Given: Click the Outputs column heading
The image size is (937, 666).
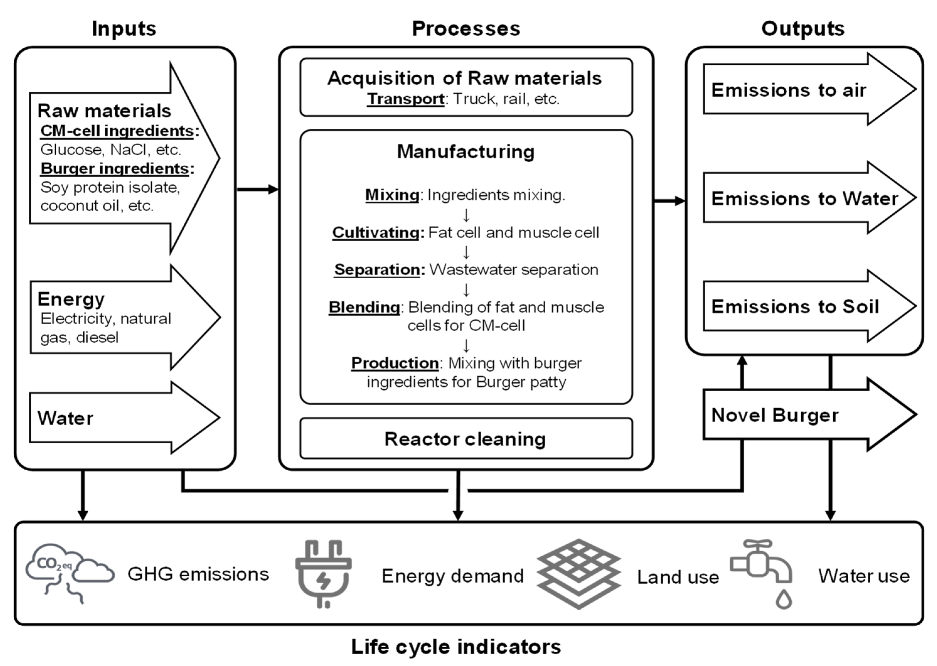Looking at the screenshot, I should [803, 29].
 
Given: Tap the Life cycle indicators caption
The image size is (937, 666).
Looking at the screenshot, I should [455, 647].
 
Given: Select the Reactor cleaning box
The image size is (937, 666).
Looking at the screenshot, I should [465, 439].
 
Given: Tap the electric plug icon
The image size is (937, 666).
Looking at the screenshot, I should [323, 573].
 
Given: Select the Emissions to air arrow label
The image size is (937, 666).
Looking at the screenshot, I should [788, 90].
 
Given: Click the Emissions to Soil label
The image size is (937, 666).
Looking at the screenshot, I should [795, 307].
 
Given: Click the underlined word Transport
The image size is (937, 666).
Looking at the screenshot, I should [405, 99].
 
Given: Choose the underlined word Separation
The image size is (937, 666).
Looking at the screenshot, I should [377, 269].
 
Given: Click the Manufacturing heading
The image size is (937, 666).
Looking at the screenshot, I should [465, 152].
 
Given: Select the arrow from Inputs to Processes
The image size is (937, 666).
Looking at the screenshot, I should [257, 189].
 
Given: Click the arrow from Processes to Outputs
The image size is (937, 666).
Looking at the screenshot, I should [669, 200].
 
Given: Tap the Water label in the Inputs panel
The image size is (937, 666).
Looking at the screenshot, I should [65, 418].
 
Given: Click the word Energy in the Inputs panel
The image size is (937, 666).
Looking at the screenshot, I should [71, 299].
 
